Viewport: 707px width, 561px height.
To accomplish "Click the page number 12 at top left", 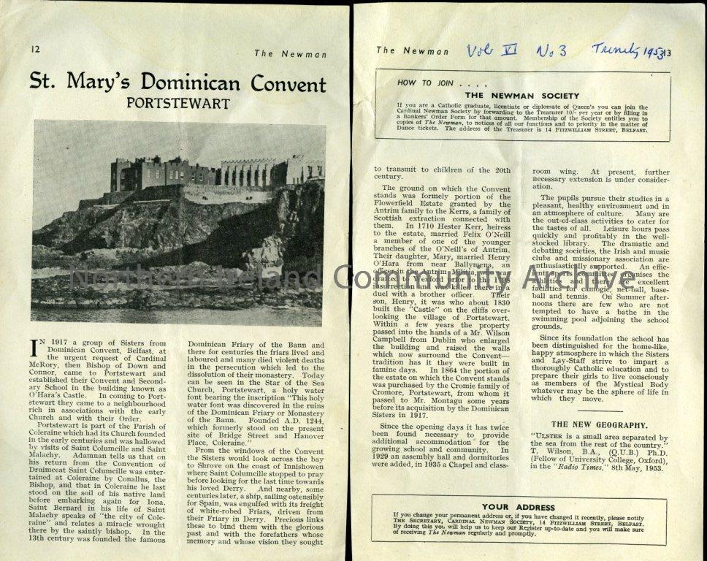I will click(34, 50).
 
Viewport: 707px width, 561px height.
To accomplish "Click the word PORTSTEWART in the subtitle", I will click(177, 102).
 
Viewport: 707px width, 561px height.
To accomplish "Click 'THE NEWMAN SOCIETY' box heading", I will click(521, 95).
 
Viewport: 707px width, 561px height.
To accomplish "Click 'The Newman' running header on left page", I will click(290, 53).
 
